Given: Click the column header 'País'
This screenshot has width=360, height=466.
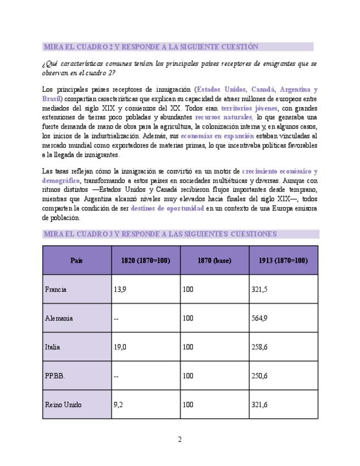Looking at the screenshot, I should pyautogui.click(x=76, y=260).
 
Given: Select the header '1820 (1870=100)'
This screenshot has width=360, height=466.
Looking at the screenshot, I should pyautogui.click(x=146, y=260).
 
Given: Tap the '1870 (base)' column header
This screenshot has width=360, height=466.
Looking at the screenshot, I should pyautogui.click(x=214, y=260).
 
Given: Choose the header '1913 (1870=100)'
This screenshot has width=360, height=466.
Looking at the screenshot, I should pyautogui.click(x=283, y=260).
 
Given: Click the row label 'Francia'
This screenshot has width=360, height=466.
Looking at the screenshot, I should pyautogui.click(x=56, y=289).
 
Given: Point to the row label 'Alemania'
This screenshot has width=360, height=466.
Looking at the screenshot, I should pyautogui.click(x=59, y=318).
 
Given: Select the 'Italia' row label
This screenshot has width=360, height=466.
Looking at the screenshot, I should pyautogui.click(x=53, y=347).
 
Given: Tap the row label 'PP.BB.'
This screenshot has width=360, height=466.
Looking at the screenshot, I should pyautogui.click(x=55, y=376).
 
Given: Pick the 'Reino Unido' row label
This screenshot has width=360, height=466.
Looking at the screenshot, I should pyautogui.click(x=63, y=404).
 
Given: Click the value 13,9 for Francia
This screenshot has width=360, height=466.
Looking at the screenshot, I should pyautogui.click(x=120, y=289).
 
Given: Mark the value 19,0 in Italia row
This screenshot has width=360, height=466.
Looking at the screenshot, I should pyautogui.click(x=120, y=347).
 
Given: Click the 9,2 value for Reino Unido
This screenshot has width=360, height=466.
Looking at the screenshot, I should pyautogui.click(x=118, y=404).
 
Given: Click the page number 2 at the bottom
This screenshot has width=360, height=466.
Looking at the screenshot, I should pyautogui.click(x=180, y=439).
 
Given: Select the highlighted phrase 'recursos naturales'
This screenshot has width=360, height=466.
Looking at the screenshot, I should pyautogui.click(x=224, y=117).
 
